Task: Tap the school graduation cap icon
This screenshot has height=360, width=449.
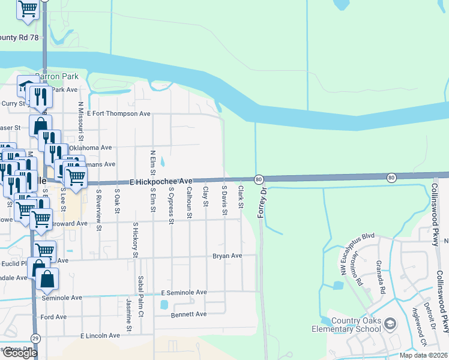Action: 390,325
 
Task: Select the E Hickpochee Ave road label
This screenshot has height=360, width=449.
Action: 160,181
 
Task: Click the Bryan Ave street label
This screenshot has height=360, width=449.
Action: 227,256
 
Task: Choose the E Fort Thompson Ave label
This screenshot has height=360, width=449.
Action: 118,113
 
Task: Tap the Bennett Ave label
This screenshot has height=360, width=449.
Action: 188,314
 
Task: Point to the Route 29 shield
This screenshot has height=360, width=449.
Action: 35,339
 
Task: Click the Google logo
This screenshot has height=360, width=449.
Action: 19,353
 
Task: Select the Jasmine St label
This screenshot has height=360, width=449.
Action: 128,314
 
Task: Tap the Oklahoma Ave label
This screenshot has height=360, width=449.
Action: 90,148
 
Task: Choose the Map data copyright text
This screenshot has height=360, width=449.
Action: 423,355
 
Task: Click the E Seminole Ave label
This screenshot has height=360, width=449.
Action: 184,292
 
